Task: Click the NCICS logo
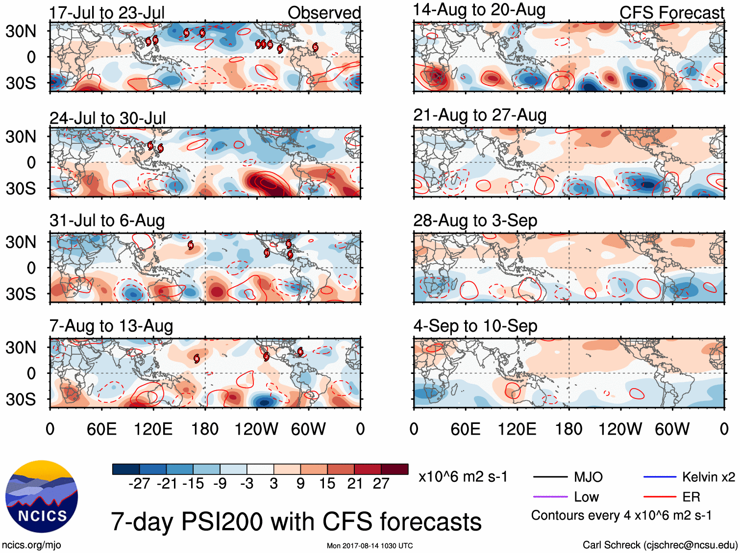42,497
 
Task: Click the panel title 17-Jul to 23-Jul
107,13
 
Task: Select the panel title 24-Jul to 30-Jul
108,118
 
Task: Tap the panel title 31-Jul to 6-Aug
107,221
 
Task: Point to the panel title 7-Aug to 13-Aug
111,326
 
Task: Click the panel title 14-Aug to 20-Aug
479,10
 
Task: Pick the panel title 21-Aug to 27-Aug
480,115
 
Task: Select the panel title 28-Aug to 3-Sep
475,221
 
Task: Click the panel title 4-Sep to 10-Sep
475,326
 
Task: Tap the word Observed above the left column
324,13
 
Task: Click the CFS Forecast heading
671,13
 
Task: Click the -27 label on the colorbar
139,484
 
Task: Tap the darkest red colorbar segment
395,469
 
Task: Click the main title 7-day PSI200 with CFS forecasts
296,522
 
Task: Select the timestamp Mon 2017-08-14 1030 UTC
370,546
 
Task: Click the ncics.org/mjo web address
31,545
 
